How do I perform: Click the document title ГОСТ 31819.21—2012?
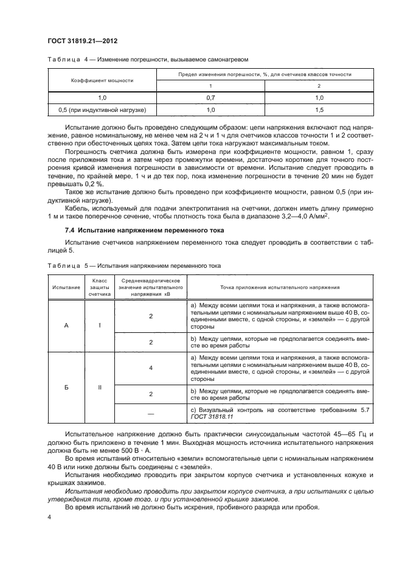(82, 41)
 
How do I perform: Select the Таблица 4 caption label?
(65, 59)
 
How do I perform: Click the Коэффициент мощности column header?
(102, 80)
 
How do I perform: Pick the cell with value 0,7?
(211, 97)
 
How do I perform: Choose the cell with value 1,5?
(319, 110)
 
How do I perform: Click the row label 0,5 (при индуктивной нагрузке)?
(102, 110)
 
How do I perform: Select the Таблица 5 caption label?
(65, 266)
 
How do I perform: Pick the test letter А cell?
(66, 325)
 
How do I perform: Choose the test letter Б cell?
(66, 386)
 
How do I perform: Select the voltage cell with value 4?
(150, 368)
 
